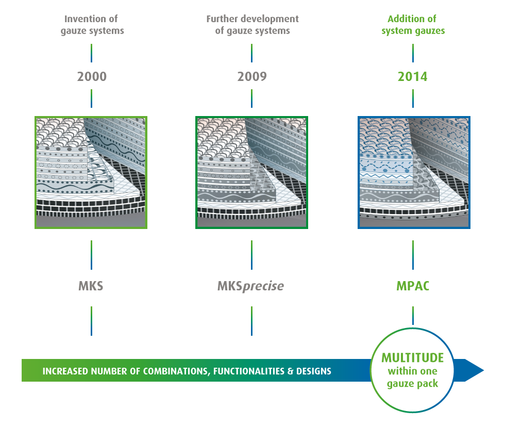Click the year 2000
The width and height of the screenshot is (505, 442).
point(92,77)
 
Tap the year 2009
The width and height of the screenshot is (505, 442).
point(252,77)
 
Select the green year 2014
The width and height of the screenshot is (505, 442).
point(412,77)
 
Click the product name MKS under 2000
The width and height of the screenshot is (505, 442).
point(91,286)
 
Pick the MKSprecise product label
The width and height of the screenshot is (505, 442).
point(251,286)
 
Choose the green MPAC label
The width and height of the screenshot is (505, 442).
point(413,286)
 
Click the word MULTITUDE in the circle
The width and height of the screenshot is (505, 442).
point(412,357)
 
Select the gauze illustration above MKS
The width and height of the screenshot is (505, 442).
point(91,172)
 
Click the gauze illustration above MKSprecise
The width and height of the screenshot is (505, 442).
point(251,172)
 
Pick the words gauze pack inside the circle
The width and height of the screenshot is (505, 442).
point(412,384)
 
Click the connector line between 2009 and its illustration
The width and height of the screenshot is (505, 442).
point(251,98)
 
